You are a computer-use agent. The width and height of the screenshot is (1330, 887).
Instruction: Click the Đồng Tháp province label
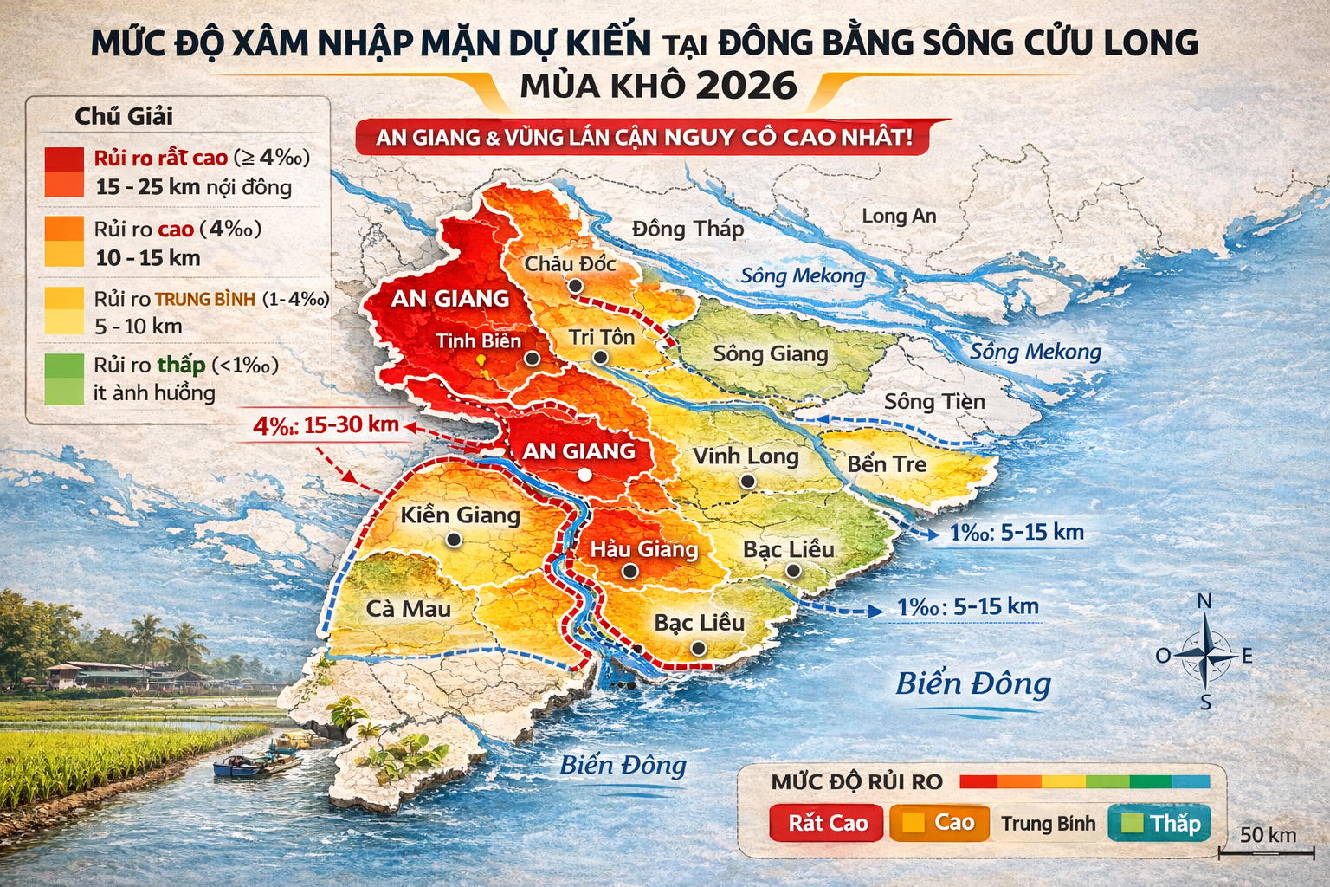(688, 229)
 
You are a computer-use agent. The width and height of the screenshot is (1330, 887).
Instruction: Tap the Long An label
(899, 216)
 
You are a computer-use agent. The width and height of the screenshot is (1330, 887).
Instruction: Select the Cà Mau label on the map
(408, 609)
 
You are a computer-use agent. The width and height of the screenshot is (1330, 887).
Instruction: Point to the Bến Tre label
(887, 464)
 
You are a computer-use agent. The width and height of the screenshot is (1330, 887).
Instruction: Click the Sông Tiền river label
(934, 402)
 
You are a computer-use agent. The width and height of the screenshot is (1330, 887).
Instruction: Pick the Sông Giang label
(771, 353)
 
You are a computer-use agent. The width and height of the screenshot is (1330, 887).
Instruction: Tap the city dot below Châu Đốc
(575, 286)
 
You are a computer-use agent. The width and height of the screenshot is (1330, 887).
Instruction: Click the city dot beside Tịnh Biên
(532, 358)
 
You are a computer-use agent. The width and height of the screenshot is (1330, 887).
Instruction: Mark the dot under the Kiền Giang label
(453, 540)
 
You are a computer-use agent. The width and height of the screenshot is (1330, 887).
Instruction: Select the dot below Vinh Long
(747, 481)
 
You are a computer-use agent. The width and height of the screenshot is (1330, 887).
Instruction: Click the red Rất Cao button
(827, 823)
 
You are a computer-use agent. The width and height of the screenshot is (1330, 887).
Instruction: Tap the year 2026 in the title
(746, 85)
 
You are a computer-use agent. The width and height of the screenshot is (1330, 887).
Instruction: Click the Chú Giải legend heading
(124, 116)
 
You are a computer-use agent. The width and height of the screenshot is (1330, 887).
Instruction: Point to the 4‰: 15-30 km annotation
(326, 424)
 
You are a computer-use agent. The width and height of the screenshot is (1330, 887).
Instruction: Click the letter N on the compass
(1204, 601)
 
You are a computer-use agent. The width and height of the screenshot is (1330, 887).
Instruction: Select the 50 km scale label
(1268, 835)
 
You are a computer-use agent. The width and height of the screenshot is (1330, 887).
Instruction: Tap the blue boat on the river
(231, 766)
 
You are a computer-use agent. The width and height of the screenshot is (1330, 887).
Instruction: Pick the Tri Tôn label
(602, 337)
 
